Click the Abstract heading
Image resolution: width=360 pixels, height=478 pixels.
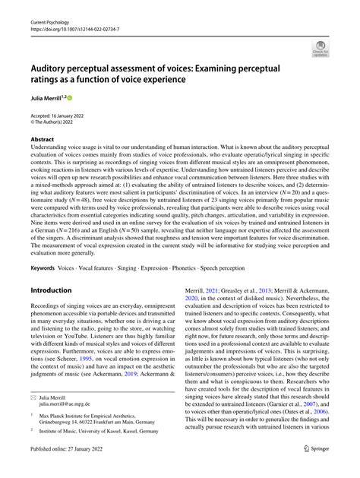pos(42,139)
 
